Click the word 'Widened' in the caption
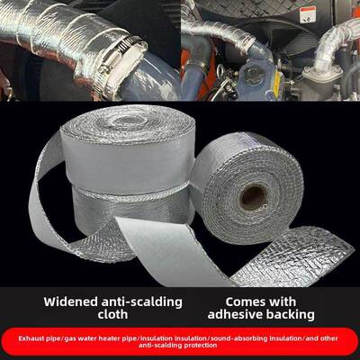coord(71,301)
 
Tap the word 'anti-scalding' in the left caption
coord(142,301)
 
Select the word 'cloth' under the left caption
coord(112,314)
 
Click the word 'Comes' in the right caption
coord(243,301)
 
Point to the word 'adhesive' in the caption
coord(235,314)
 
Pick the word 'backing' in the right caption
coord(290,315)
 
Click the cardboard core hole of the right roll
coord(253,198)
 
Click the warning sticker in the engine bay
coord(308,14)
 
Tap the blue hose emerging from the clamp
coord(150,79)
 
